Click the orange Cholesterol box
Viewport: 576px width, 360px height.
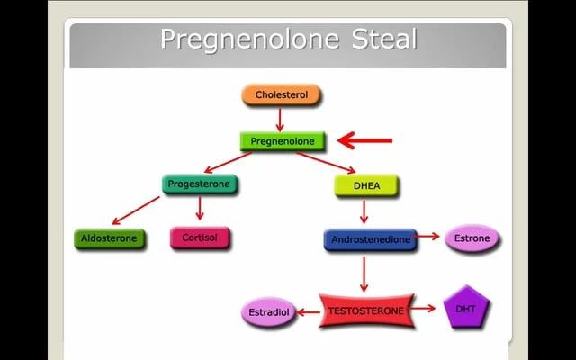[x=281, y=94]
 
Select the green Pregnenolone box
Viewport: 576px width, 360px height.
[x=283, y=141]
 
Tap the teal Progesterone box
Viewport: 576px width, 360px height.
[x=201, y=184]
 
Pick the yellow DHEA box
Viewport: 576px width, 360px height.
[x=365, y=185]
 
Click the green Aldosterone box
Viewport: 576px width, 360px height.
[x=109, y=238]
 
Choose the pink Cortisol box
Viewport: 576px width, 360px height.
[x=200, y=238]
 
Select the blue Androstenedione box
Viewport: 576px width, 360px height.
[x=370, y=239]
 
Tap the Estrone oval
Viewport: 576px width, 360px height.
[x=472, y=238]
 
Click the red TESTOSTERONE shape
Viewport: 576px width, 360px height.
[x=364, y=310]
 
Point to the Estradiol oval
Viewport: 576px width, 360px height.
[x=267, y=313]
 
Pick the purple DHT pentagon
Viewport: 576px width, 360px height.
[x=466, y=309]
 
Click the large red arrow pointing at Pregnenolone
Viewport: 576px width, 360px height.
[x=365, y=140]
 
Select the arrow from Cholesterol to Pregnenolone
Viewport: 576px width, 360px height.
[x=280, y=119]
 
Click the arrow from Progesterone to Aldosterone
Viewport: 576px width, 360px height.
[x=136, y=211]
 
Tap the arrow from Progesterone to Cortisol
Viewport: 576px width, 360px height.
[x=200, y=210]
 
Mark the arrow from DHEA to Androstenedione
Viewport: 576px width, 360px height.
[x=364, y=212]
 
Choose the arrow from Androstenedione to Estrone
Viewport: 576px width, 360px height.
[x=429, y=238]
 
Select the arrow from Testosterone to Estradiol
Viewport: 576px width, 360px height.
[x=307, y=312]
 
